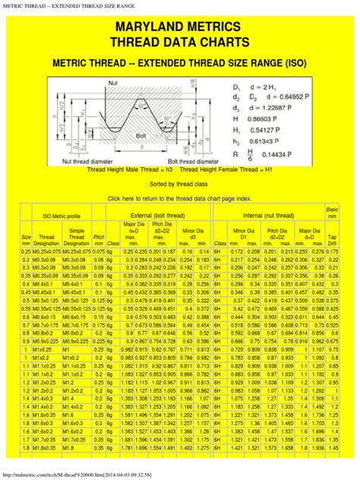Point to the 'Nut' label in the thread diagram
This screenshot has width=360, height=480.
pyautogui.click(x=113, y=80)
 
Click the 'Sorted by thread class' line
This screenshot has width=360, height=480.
pyautogui.click(x=179, y=184)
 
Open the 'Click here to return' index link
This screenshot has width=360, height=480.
pyautogui.click(x=179, y=197)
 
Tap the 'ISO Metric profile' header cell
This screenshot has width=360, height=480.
pyautogui.click(x=55, y=216)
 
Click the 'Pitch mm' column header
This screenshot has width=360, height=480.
pyautogui.click(x=98, y=239)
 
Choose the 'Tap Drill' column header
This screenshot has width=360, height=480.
pyautogui.click(x=332, y=239)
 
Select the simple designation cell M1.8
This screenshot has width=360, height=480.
pyautogui.click(x=74, y=447)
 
